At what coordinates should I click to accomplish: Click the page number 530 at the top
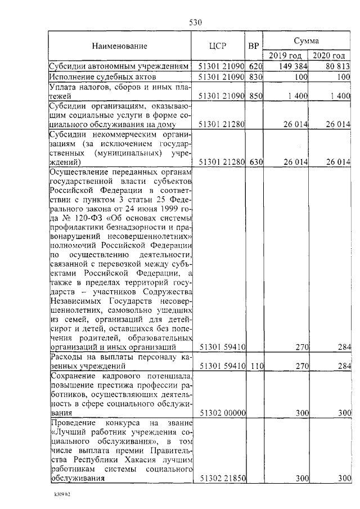point(195,22)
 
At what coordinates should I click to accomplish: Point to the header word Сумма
point(307,40)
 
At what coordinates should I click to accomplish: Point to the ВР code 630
point(256,162)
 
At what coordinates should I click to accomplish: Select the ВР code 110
point(256,366)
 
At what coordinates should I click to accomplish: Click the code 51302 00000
point(223,412)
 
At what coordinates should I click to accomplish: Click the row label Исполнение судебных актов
point(101,76)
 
